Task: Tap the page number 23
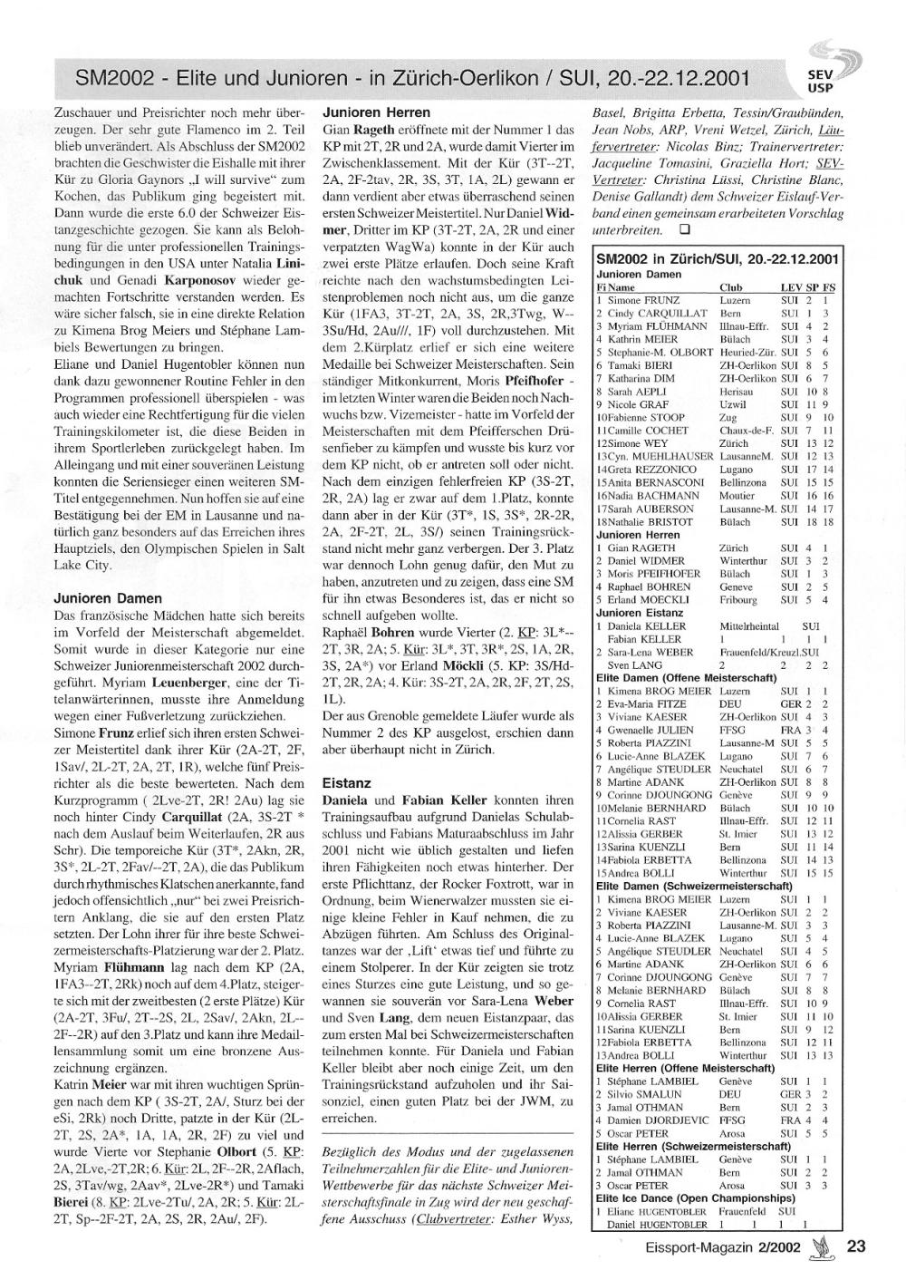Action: pyautogui.click(x=856, y=1246)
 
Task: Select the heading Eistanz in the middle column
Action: pyautogui.click(x=347, y=781)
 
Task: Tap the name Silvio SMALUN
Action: pyautogui.click(x=644, y=1094)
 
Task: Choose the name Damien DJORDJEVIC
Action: pyautogui.click(x=657, y=1120)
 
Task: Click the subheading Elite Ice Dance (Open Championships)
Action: pyautogui.click(x=695, y=1198)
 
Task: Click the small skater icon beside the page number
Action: pyautogui.click(x=823, y=1247)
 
